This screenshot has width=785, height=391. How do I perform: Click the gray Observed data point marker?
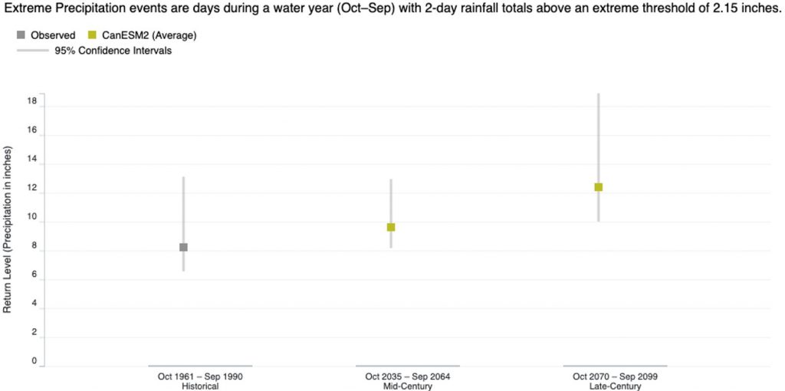pos(183,247)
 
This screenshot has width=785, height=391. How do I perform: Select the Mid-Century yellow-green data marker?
pos(391,227)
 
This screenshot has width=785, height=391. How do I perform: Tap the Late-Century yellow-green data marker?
pos(599,187)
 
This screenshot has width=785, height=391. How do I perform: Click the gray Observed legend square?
pos(20,35)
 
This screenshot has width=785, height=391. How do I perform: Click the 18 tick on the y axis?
pos(32,100)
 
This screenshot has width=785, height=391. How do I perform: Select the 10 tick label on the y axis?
pos(32,222)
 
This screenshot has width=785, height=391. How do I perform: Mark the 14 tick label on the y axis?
pos(32,164)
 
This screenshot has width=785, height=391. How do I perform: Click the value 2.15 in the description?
pos(716,10)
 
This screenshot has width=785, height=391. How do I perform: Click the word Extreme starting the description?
pos(27,10)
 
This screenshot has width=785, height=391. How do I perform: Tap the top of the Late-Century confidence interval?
pos(599,94)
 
